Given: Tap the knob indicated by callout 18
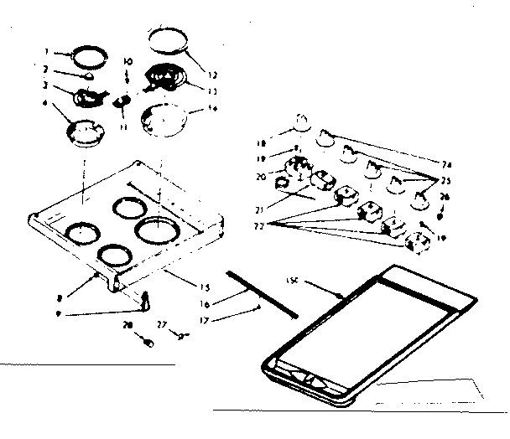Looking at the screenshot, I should tap(299, 127).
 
